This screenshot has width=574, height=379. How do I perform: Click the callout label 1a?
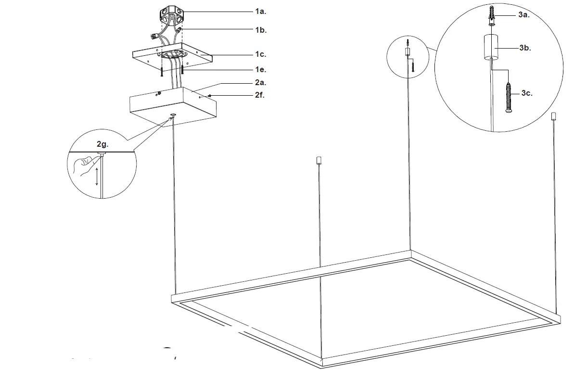coord(261,11)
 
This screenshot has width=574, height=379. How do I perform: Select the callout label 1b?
coord(261,30)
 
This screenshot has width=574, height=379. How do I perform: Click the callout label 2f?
coord(260,95)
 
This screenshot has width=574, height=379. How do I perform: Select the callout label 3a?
coord(524,15)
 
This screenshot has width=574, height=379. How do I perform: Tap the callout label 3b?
coord(525,48)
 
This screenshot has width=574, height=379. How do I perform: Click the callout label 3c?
coord(526,93)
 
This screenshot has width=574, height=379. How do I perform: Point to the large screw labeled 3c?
coord(510,98)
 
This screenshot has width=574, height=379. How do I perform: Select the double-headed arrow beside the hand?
coord(97,177)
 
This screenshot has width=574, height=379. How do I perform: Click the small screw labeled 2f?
coord(210,96)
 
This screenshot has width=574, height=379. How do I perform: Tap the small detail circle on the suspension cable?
coord(408,57)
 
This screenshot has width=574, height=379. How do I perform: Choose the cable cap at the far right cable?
coord(554,116)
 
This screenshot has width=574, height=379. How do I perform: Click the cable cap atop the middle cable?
coord(318,160)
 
